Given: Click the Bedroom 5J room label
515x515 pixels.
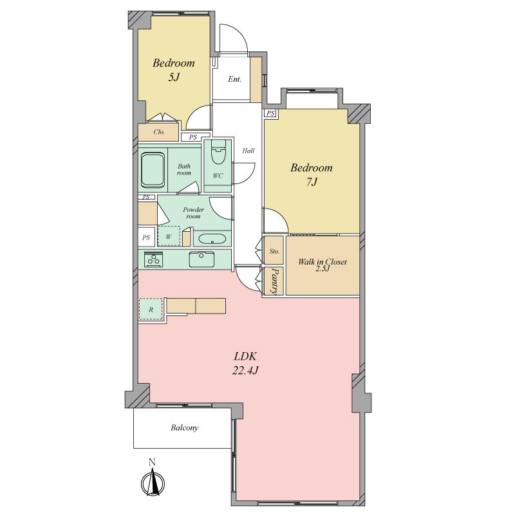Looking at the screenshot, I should pyautogui.click(x=173, y=70).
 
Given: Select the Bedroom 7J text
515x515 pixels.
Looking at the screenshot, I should pyautogui.click(x=312, y=174).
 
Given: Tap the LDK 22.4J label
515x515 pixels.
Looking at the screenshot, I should pyautogui.click(x=247, y=363).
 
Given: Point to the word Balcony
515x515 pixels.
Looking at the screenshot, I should pyautogui.click(x=184, y=427).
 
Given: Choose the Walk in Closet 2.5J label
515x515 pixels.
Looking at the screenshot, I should pyautogui.click(x=322, y=265).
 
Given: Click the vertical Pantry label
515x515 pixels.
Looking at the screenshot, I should pyautogui.click(x=274, y=281).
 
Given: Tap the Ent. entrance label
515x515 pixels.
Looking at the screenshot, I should pyautogui.click(x=235, y=80).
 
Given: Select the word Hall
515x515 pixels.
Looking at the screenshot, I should pyautogui.click(x=248, y=151).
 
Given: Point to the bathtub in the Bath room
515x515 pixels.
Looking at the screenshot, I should pyautogui.click(x=153, y=169).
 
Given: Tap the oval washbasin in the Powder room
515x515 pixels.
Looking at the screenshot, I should pyautogui.click(x=211, y=239).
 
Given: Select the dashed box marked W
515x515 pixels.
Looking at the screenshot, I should pyautogui.click(x=169, y=236).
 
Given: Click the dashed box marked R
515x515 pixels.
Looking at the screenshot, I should pyautogui.click(x=151, y=310).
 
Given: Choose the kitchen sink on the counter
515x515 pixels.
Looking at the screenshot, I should pyautogui.click(x=202, y=259).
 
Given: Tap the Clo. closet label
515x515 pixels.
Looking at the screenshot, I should pyautogui.click(x=159, y=132).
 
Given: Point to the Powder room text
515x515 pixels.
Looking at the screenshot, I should pyautogui.click(x=193, y=213).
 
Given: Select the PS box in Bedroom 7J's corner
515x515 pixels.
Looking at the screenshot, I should pyautogui.click(x=270, y=113).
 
